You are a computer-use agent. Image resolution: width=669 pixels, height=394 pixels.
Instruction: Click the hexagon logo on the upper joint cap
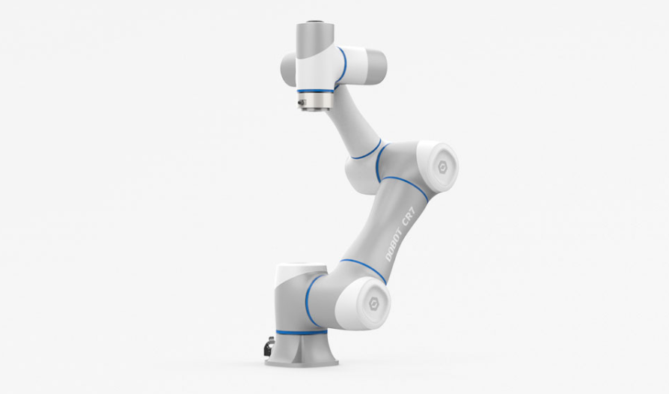tap(442, 166)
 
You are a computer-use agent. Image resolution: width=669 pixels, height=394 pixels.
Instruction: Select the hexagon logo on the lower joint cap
tap(373, 303)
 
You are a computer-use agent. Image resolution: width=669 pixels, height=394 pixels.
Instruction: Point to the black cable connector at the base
tap(269, 346)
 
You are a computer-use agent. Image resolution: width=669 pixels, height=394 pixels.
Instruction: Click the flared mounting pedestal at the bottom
tap(302, 349)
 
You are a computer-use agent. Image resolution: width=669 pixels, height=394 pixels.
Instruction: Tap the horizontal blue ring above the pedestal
tap(302, 332)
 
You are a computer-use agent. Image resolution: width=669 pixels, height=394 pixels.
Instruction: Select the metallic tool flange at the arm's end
tap(314, 102)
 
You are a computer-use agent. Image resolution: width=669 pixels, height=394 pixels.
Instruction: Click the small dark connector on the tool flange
tap(302, 103)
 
